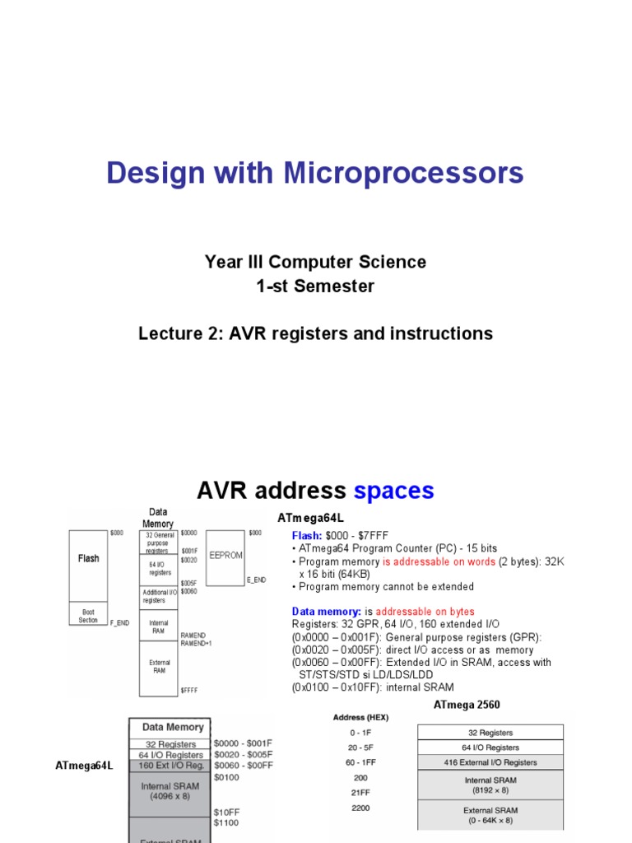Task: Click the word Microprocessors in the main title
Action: point(403,173)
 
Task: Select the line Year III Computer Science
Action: point(315,262)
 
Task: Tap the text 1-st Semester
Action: point(315,286)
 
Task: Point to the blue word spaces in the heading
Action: point(393,491)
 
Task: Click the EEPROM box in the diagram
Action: point(225,556)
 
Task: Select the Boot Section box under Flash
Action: point(88,616)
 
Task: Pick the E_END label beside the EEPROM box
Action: point(256,580)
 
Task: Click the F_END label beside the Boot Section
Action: point(120,623)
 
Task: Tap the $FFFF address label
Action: point(190,690)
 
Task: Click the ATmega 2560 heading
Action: point(467,705)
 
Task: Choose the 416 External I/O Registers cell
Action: point(490,762)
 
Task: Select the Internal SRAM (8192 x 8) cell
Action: point(490,784)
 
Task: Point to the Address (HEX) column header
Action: point(360,717)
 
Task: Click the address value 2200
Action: point(360,808)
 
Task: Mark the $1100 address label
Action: point(227,822)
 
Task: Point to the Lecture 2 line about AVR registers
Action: point(315,333)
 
